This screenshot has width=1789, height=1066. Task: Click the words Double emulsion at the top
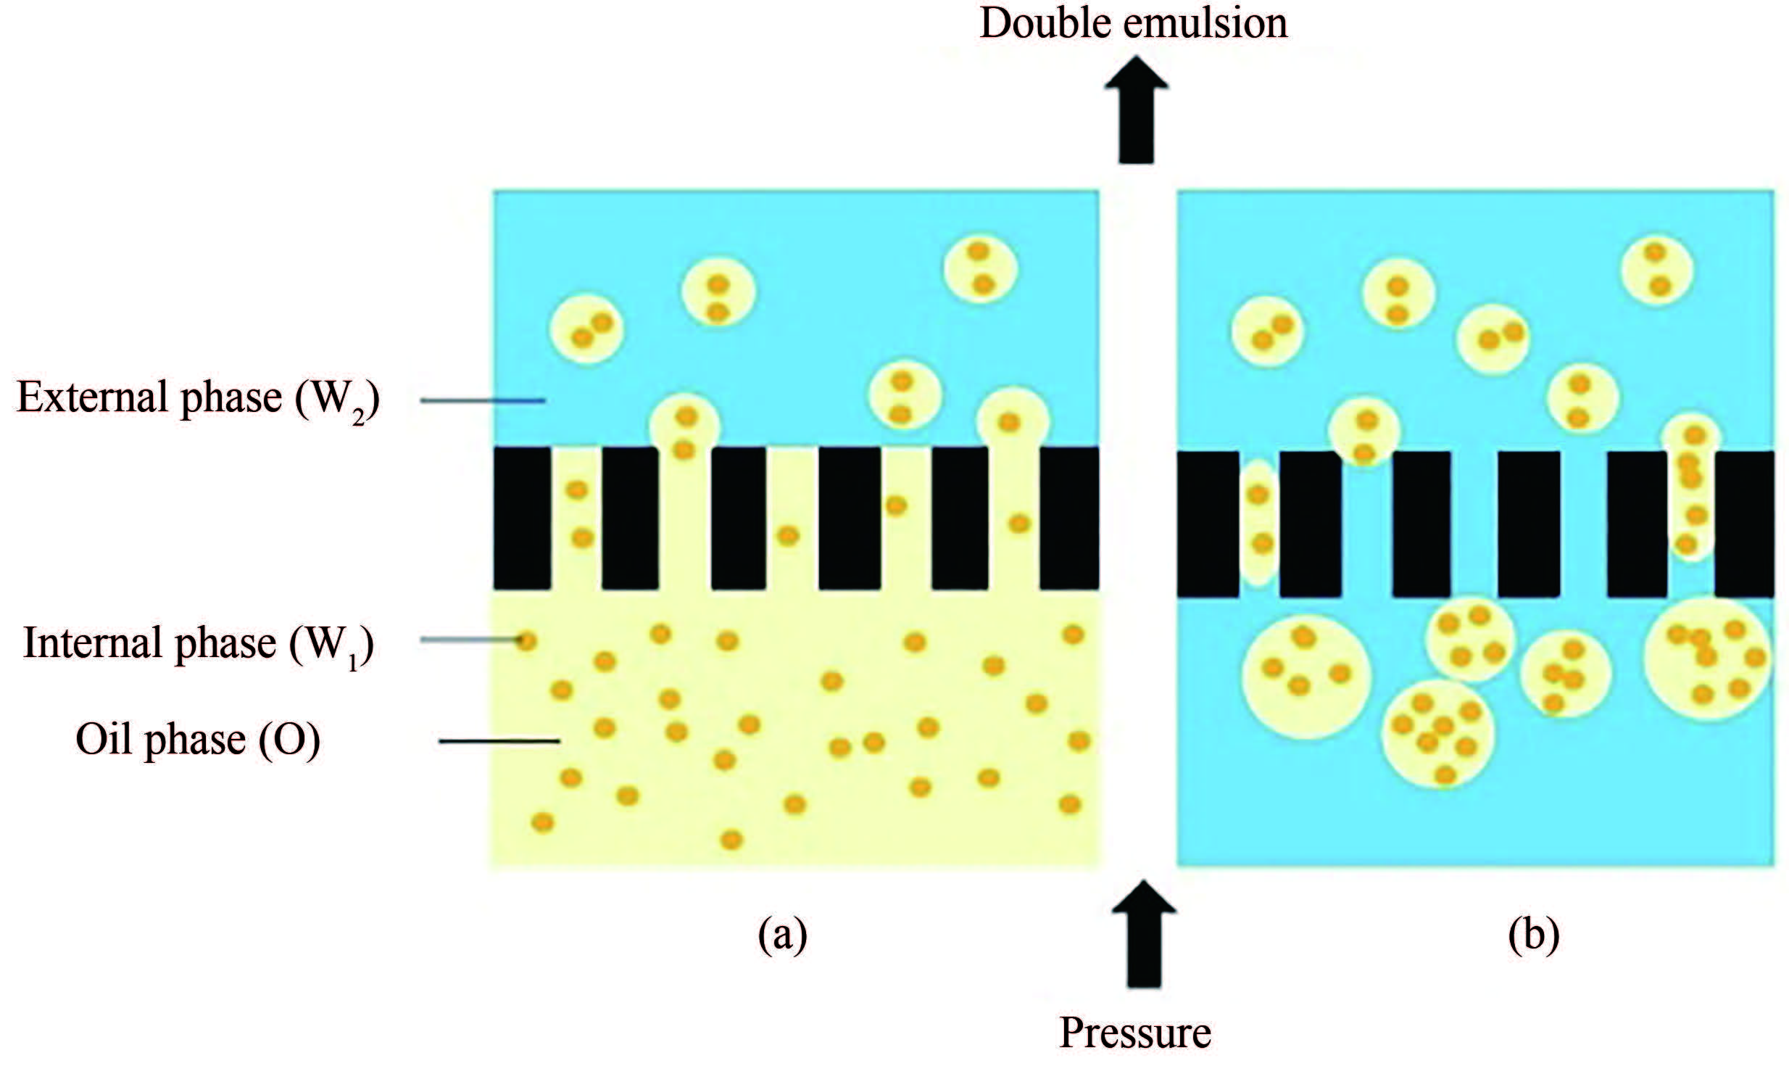[x=1133, y=25]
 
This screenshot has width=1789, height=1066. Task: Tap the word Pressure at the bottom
[x=1135, y=1033]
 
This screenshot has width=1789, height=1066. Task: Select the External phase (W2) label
[x=198, y=400]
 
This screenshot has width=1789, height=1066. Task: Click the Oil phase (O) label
[x=198, y=740]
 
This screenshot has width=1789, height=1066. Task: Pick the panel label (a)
[x=782, y=936]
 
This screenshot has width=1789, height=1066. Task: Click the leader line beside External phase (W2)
[x=483, y=400]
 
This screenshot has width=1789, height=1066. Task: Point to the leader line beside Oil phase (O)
[x=500, y=741]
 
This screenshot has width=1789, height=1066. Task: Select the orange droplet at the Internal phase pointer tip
[x=526, y=641]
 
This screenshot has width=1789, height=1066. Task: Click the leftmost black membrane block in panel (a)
[x=522, y=518]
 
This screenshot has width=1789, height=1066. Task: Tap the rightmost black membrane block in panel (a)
[x=1068, y=518]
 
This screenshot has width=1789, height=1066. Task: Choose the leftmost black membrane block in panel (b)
[x=1207, y=524]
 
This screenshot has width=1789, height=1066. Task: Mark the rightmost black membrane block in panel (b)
[x=1744, y=524]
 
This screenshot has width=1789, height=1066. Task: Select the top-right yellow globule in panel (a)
[x=981, y=269]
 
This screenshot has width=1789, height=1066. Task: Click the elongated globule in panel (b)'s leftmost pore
[x=1260, y=521]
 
